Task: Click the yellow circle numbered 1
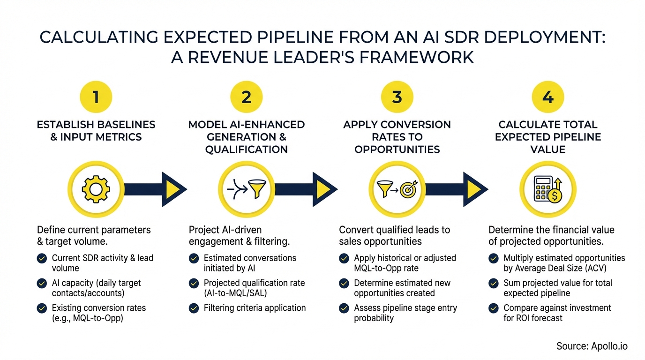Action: [x=96, y=97]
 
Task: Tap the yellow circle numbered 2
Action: [x=247, y=97]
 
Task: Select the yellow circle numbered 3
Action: [x=397, y=97]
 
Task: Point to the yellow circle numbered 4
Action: [x=547, y=97]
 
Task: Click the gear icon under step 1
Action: [x=96, y=189]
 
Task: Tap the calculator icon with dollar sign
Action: [x=548, y=189]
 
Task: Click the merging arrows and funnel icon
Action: [x=247, y=189]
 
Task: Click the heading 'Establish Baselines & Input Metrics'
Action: [x=96, y=131]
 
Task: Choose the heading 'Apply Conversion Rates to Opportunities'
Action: [x=397, y=137]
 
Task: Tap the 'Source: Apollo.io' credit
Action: [x=592, y=346]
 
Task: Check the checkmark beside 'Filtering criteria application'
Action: [x=194, y=308]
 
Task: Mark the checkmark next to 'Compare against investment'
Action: [x=494, y=308]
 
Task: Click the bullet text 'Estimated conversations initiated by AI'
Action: [x=250, y=263]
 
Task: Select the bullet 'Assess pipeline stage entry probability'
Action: [x=405, y=313]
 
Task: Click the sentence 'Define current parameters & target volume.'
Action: [x=94, y=235]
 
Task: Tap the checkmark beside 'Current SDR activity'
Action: [x=42, y=258]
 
